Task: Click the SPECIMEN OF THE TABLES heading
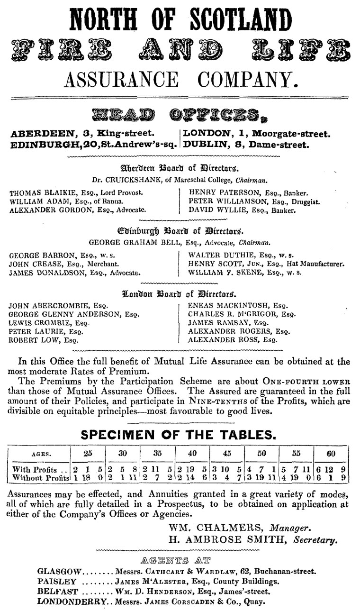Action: point(180,434)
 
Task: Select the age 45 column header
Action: point(227,453)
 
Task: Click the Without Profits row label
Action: point(40,478)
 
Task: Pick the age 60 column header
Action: point(331,453)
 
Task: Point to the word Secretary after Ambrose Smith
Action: point(318,539)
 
